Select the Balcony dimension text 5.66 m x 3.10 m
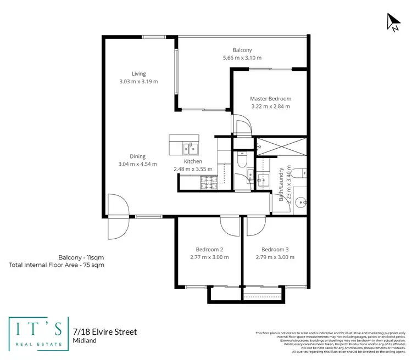242,58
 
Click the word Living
138,74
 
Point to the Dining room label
138,156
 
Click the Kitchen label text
193,161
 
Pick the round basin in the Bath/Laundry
299,201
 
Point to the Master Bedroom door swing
241,125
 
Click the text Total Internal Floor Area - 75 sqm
57,265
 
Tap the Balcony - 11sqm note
81,257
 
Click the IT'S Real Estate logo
38,333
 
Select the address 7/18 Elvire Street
104,332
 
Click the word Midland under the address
85,341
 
